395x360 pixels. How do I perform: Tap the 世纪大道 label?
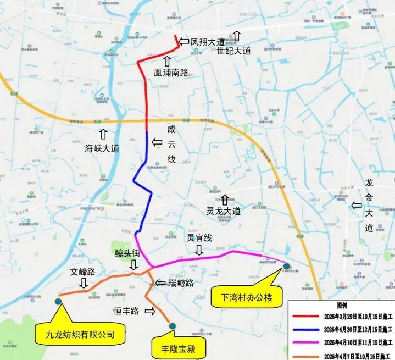coord(233,51)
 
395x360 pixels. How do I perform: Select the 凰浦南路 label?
coord(172,71)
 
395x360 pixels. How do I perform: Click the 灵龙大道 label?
coord(224,211)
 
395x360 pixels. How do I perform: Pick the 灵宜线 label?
coord(199,238)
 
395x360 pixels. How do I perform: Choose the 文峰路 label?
coord(83,272)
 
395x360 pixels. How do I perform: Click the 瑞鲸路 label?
coord(181,283)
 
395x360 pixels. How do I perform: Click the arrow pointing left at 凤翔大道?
coord(184,41)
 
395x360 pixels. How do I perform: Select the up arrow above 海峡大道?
coord(103,134)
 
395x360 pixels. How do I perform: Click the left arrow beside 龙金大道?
coord(357,205)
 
